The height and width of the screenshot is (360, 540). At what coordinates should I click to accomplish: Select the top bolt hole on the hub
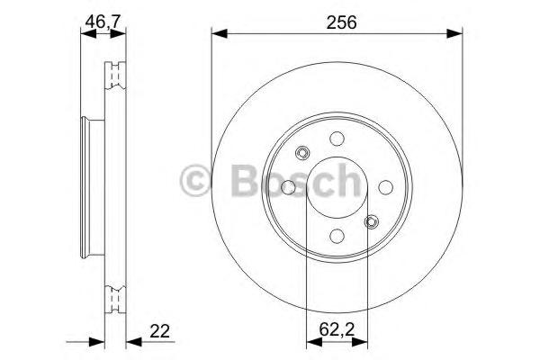click(x=336, y=139)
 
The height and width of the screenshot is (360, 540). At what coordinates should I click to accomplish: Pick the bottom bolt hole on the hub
click(x=336, y=236)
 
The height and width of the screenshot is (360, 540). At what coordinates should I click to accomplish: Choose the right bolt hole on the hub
click(x=384, y=187)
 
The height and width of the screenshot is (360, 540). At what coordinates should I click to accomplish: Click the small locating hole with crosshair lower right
click(x=371, y=221)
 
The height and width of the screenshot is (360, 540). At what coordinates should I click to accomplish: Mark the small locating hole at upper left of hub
click(x=302, y=152)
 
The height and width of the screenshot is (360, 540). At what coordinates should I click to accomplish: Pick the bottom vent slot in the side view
click(x=114, y=297)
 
